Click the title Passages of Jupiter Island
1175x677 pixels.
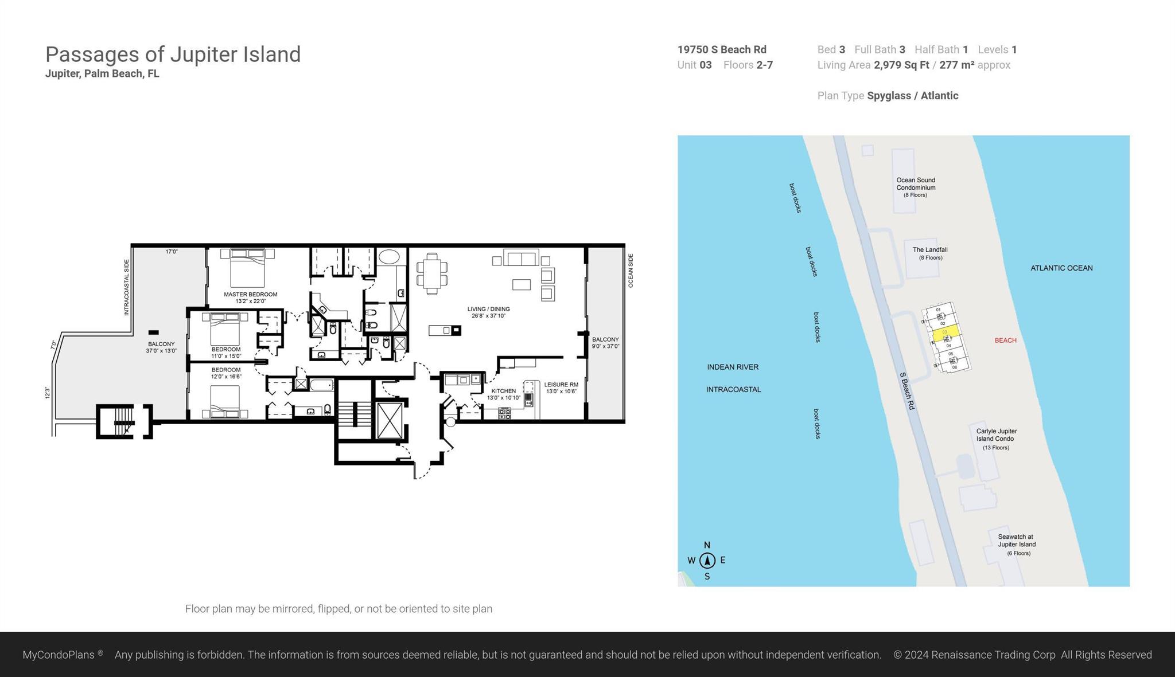click(x=173, y=54)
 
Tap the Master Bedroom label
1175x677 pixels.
click(x=250, y=297)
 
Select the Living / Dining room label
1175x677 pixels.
click(x=488, y=312)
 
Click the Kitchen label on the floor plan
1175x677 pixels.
click(x=503, y=394)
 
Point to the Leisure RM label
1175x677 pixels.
click(x=561, y=388)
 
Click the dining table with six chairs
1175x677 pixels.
click(x=432, y=274)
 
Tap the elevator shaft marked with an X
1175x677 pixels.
click(x=390, y=421)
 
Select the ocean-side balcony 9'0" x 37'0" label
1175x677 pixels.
click(x=605, y=343)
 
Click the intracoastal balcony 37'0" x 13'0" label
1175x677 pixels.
click(x=161, y=347)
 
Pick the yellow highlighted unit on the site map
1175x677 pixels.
click(x=946, y=333)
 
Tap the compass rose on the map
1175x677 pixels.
click(x=707, y=560)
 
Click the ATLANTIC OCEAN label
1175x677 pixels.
click(x=1061, y=268)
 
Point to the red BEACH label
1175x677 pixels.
click(x=1005, y=341)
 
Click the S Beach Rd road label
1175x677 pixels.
click(x=907, y=390)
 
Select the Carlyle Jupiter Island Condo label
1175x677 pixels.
click(x=996, y=438)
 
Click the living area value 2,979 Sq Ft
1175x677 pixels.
click(x=901, y=65)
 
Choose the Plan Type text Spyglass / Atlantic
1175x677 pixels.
click(x=912, y=96)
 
